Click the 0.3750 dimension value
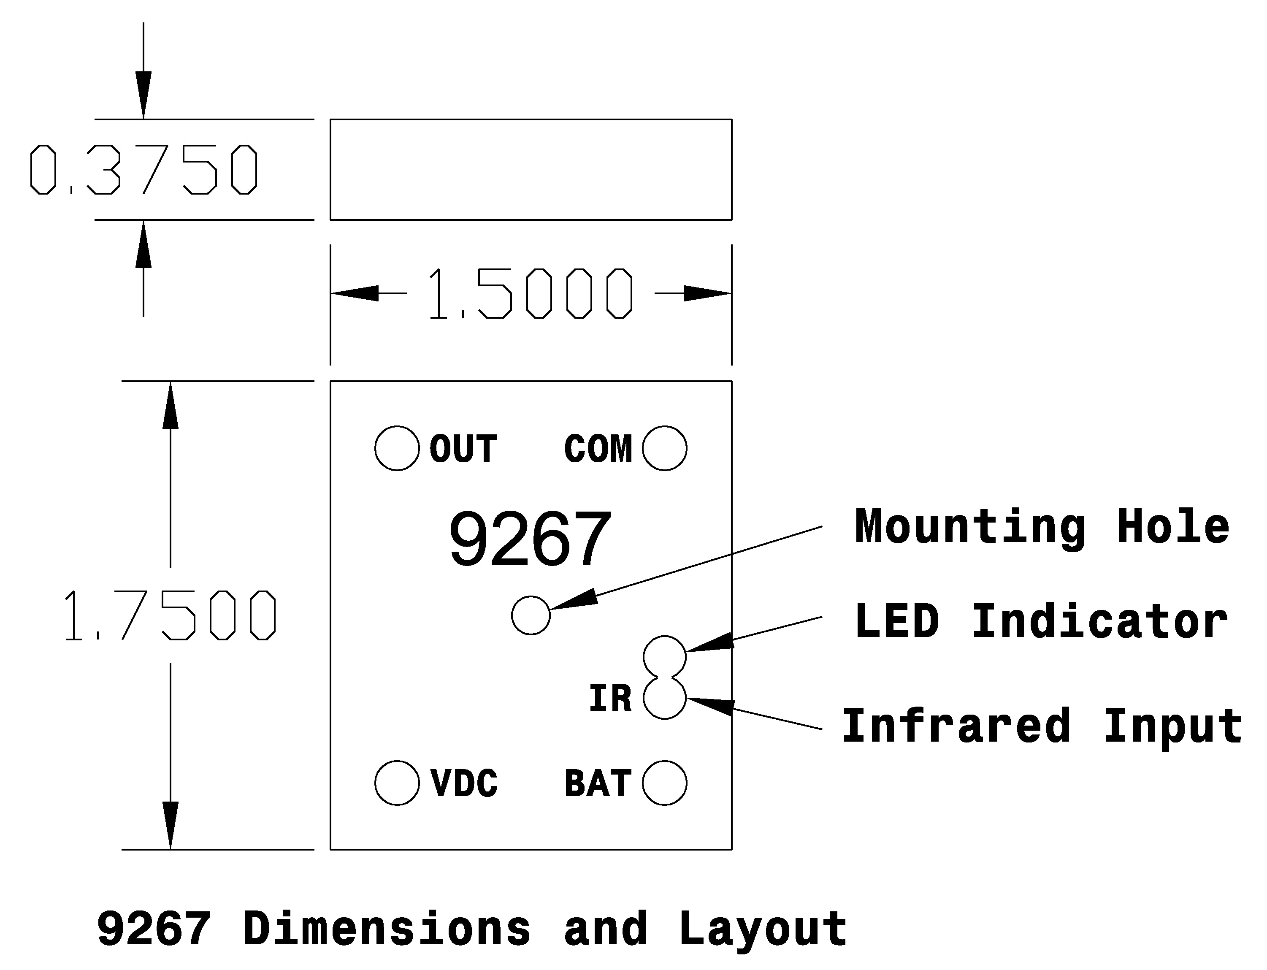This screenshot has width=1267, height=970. click(x=144, y=169)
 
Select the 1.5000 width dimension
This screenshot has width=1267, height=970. click(x=531, y=293)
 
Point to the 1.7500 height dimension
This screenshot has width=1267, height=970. click(x=170, y=615)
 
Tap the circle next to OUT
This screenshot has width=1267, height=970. click(x=397, y=448)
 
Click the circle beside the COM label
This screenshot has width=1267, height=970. click(x=664, y=448)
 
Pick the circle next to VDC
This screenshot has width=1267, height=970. click(x=397, y=783)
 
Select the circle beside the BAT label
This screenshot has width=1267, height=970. click(x=664, y=783)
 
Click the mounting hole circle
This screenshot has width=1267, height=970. click(x=531, y=615)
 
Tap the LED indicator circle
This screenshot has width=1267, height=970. click(x=664, y=656)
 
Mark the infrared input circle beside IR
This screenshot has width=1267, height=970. click(x=664, y=698)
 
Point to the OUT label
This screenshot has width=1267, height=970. click(x=463, y=449)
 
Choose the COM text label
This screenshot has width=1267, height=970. click(x=598, y=449)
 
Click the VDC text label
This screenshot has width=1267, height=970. click(x=463, y=783)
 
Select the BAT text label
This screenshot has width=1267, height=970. click(x=598, y=783)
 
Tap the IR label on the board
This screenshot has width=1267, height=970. click(x=610, y=698)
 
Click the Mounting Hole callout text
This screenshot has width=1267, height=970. click(x=1042, y=526)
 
